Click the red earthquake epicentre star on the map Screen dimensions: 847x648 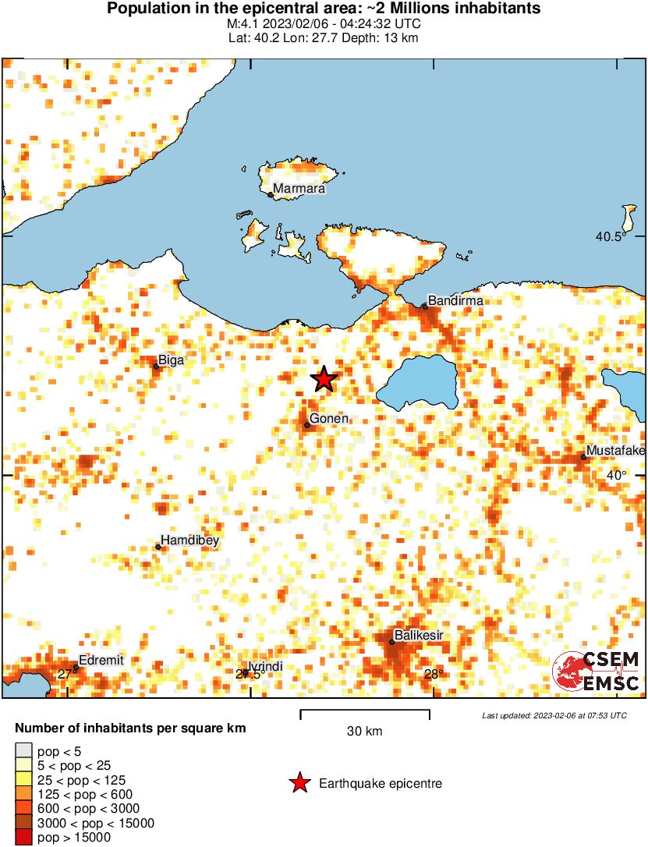[324, 379]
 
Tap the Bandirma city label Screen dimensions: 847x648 [456, 300]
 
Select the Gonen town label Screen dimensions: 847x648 [329, 419]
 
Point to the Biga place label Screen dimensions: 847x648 [172, 360]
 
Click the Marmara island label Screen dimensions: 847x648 [299, 188]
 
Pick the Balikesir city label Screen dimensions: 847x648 [419, 636]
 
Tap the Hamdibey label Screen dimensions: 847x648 [189, 540]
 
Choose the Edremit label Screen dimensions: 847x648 [101, 660]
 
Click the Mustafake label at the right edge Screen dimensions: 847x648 [615, 451]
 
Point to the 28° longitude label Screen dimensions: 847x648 [434, 675]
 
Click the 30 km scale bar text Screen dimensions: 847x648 [364, 732]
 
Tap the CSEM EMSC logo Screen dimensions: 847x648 [596, 672]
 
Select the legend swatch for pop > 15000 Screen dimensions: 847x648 [23, 838]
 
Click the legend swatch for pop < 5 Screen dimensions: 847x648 [23, 752]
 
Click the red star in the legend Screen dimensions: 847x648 [299, 784]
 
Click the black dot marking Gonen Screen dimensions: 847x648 [307, 425]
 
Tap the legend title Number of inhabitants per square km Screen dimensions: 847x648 [131, 728]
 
